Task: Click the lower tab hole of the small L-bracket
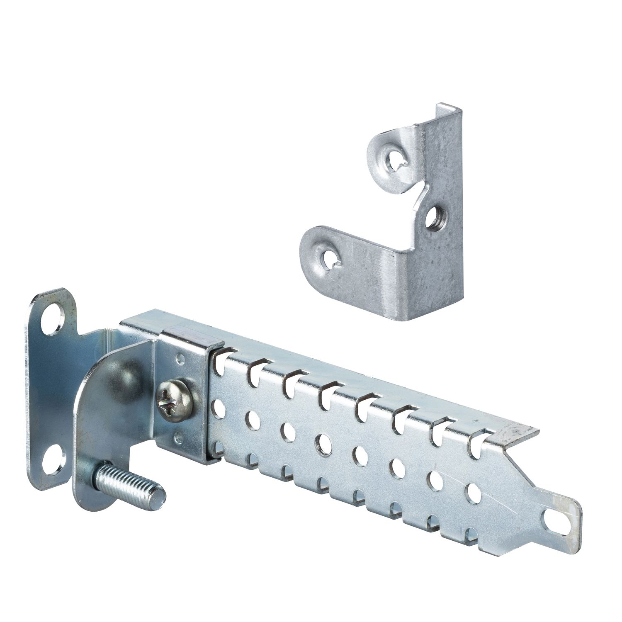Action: click(330, 258)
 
